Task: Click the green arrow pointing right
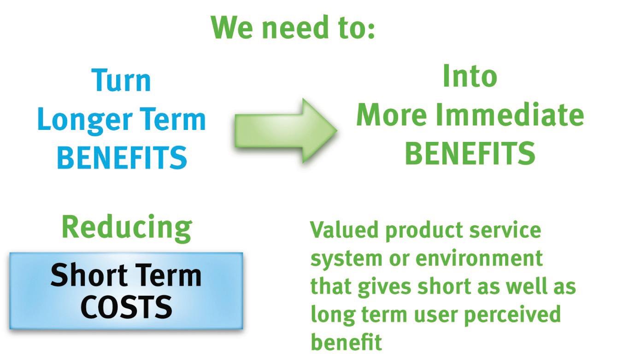(286, 130)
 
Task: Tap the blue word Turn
(121, 80)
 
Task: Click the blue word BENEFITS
(122, 158)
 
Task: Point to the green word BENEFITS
(470, 153)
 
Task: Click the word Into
(470, 76)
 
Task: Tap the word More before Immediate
(392, 115)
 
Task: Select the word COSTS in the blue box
(127, 307)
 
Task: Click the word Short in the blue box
(89, 275)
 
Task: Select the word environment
(479, 258)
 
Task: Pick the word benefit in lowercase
(346, 342)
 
